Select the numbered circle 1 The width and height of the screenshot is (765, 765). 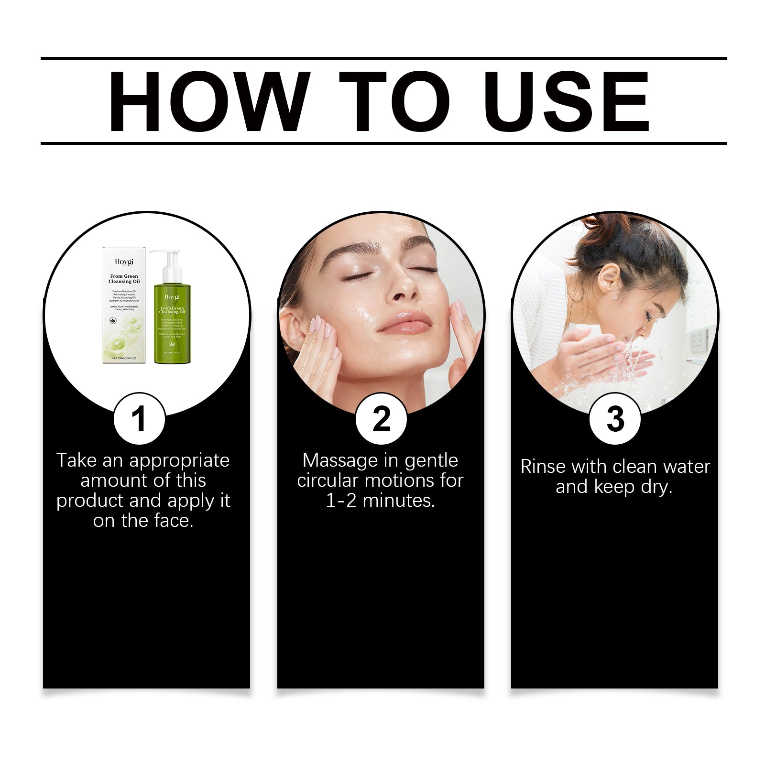(x=139, y=419)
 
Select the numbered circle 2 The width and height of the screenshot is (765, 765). (x=381, y=419)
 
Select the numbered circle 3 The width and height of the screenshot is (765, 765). (x=615, y=419)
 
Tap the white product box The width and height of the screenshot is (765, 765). (x=124, y=306)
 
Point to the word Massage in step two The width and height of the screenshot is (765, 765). (x=340, y=460)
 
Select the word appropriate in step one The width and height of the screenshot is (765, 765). (x=179, y=460)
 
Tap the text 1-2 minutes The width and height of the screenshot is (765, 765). (x=380, y=501)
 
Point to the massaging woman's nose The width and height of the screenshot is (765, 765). (x=404, y=287)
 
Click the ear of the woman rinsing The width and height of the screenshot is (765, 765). (x=607, y=279)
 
